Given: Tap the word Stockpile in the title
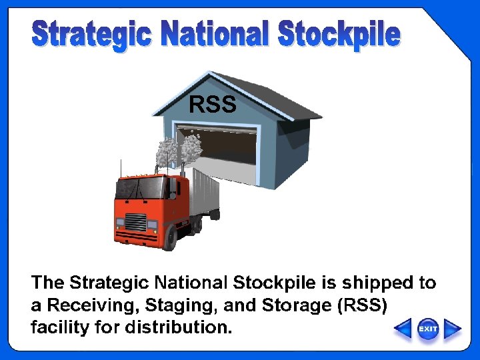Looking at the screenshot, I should [x=339, y=35].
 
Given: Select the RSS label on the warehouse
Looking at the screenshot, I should [x=213, y=105].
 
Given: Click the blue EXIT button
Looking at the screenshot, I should [x=428, y=329].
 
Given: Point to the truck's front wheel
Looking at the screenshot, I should [x=171, y=236].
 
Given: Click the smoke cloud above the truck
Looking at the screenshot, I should [x=180, y=148].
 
